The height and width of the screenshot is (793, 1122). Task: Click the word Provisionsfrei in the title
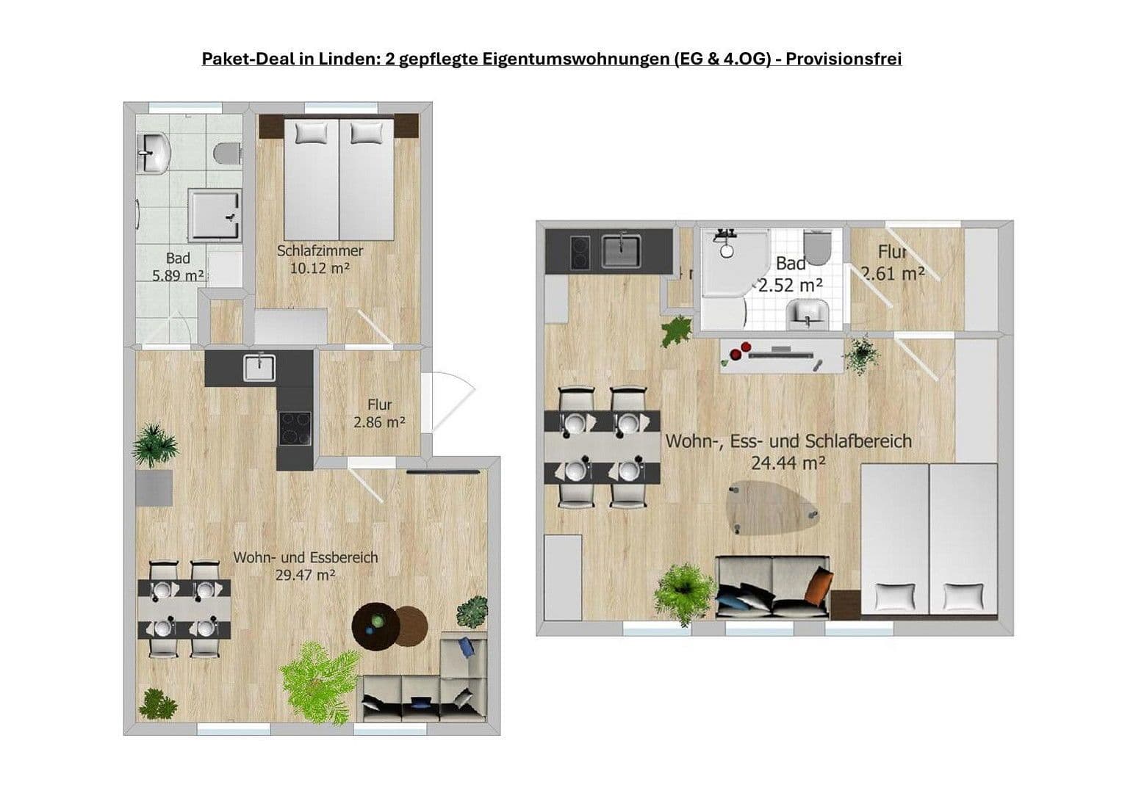(844, 59)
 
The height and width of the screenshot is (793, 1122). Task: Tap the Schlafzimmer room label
(320, 250)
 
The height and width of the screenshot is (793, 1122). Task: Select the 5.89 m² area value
(177, 276)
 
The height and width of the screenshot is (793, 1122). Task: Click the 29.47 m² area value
(305, 575)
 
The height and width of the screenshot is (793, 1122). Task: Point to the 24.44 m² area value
(788, 463)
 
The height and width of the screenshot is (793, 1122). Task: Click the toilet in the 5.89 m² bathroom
(227, 153)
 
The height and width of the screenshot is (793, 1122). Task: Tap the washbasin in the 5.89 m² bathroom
(154, 153)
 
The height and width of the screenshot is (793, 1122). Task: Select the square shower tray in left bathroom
(215, 214)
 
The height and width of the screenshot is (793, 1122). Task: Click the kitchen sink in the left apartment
(259, 367)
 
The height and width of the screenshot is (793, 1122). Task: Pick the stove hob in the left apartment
(295, 427)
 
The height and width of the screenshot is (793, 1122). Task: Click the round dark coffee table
(375, 625)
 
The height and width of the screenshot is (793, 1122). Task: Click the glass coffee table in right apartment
(772, 506)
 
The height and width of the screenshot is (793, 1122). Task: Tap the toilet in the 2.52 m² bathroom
(816, 247)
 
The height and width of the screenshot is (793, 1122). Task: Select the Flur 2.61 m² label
(892, 263)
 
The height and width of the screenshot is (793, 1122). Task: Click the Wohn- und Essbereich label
(306, 557)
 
